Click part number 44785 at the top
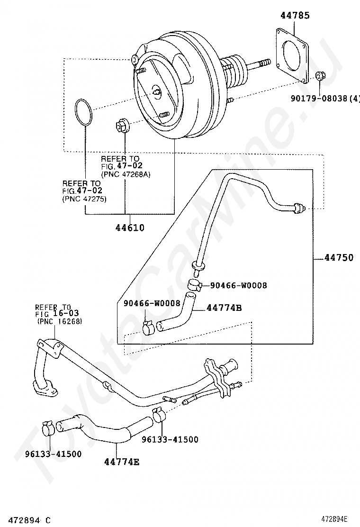295,16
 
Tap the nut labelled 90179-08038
319,76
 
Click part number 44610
130,228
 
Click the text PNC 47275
84,199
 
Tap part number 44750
339,258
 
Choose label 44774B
224,308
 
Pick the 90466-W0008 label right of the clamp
238,285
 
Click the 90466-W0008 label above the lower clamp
152,303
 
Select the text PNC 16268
59,321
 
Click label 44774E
122,462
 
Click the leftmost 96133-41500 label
53,454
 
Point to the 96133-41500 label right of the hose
170,439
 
